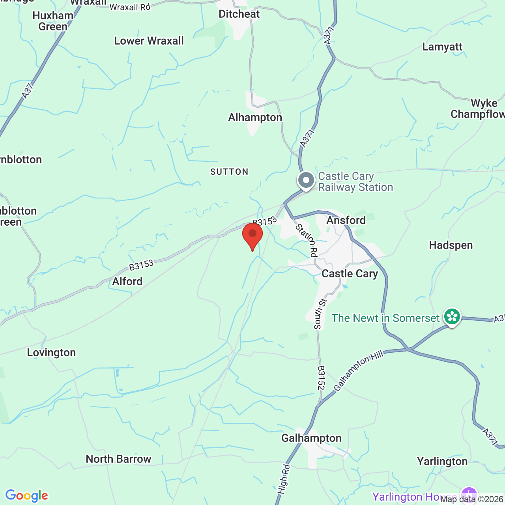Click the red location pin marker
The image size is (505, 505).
point(252,235)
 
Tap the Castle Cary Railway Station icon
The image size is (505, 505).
point(306,180)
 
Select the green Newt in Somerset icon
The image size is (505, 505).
point(452,317)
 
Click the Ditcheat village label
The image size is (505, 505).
point(239,14)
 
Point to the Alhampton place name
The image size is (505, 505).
point(255,118)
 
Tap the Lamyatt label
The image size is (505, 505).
point(442,47)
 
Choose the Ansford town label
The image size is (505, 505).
point(346,220)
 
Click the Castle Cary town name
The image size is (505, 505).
point(350,274)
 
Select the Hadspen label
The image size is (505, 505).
point(451,245)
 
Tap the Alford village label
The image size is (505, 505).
point(127,282)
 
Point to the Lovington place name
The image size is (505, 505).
point(51,353)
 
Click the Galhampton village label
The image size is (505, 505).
point(311,438)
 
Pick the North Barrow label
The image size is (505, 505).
point(118,459)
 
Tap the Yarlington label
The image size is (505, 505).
point(442,462)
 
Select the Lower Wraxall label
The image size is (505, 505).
point(149,41)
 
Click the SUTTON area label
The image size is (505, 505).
point(229,172)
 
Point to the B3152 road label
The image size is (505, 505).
point(321,378)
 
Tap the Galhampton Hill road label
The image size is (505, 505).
point(358,371)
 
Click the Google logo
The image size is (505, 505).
point(26,496)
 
